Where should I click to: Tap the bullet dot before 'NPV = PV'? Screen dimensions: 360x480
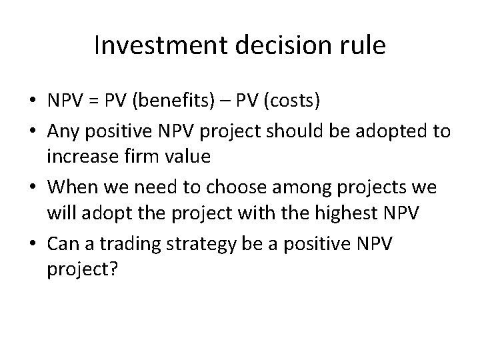click(32, 101)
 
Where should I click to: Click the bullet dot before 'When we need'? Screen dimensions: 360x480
click(32, 188)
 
